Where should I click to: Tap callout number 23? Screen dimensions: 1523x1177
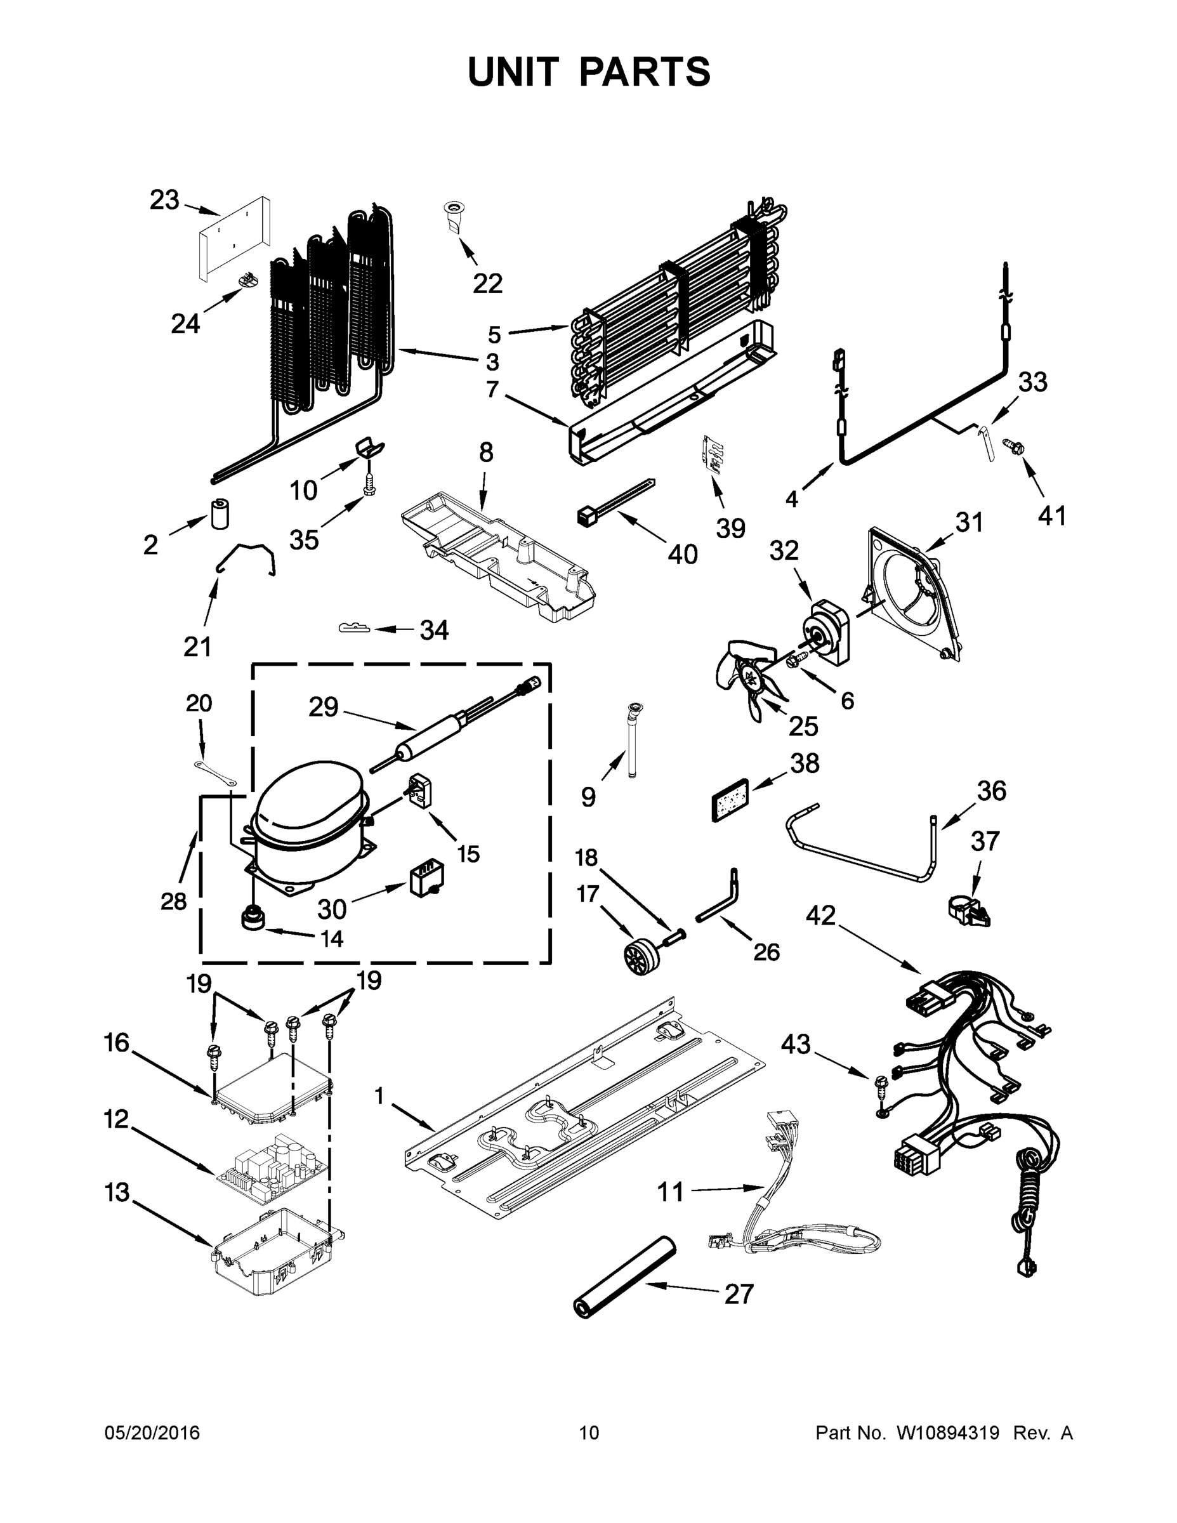point(164,200)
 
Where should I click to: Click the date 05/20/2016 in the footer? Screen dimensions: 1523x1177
point(152,1433)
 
